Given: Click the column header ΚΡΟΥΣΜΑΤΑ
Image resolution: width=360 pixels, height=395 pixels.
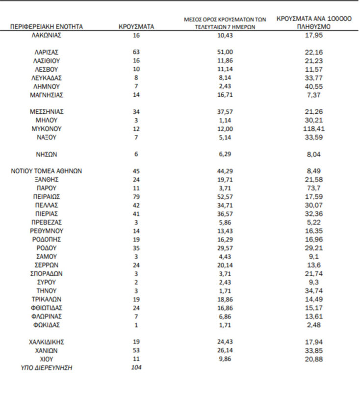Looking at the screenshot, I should coord(136,26).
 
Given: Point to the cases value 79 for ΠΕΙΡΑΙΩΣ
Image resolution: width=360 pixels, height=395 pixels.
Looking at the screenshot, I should coord(136,197).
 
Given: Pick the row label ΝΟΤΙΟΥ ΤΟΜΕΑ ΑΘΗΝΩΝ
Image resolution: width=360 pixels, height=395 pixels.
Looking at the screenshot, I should coord(47,171).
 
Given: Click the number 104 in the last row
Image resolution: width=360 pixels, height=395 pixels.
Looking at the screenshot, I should coord(136,368).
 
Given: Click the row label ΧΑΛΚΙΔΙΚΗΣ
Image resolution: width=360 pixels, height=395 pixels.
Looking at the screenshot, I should coord(47,342).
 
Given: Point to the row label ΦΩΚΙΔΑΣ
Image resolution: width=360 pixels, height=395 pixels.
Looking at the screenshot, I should coord(47,325).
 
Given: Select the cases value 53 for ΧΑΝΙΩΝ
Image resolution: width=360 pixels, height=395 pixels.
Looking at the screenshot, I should coord(136,350).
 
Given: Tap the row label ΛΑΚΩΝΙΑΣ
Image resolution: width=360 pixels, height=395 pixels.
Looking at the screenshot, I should coord(47,35).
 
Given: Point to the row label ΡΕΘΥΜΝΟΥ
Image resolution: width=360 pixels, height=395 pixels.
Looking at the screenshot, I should coord(47,231).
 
